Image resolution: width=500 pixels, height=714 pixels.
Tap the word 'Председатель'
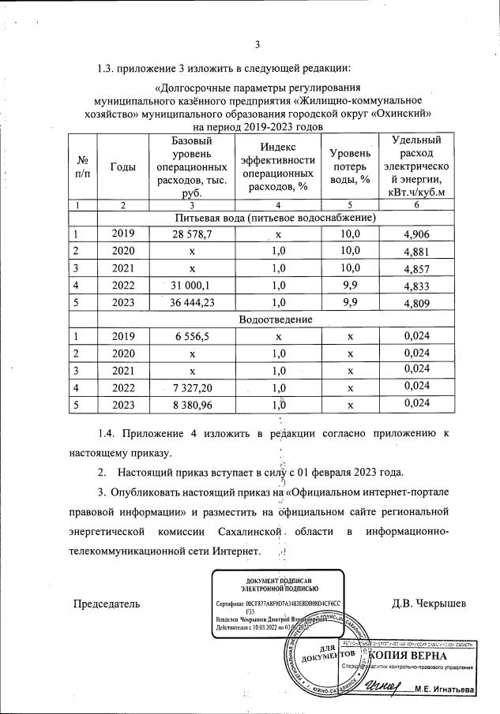point(107,604)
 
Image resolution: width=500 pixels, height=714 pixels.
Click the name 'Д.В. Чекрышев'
point(429,604)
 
